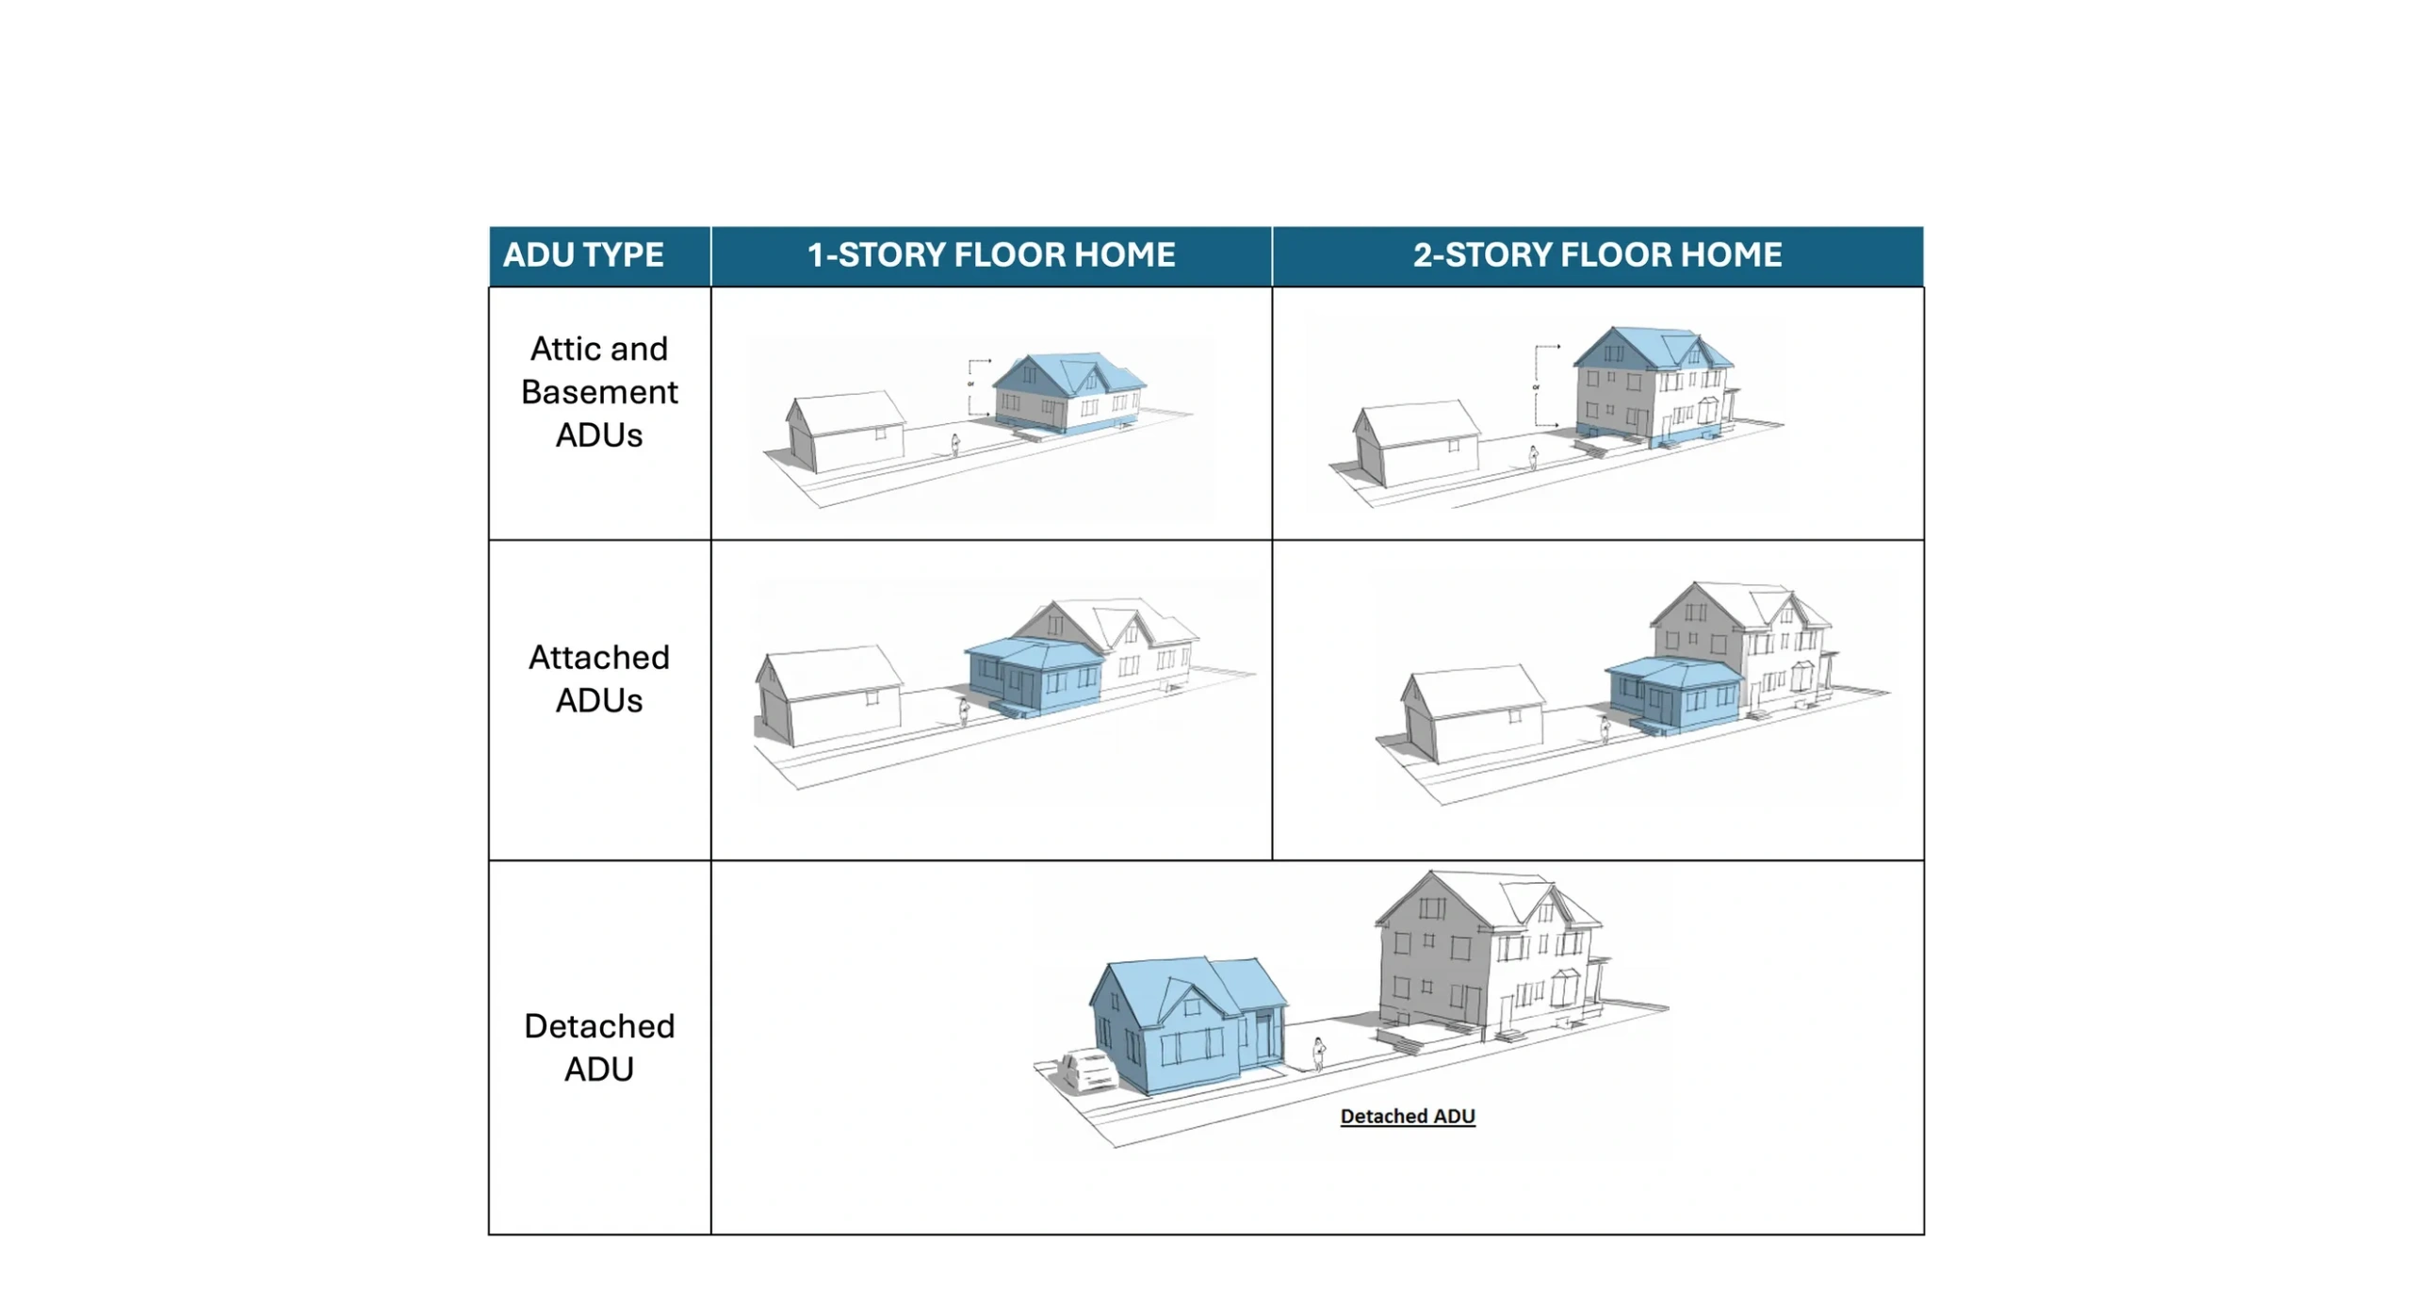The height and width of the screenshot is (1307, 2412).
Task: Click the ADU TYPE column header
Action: pos(582,254)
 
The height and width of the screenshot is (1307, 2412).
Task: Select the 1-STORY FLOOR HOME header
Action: pos(990,254)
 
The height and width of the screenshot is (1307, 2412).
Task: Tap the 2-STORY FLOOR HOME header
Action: pos(1596,254)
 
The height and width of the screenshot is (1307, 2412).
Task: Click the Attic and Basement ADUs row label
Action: pos(598,391)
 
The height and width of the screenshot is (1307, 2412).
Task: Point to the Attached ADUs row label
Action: pos(598,678)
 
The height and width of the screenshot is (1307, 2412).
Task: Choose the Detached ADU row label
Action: pos(598,1046)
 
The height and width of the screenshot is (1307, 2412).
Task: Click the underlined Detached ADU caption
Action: pos(1407,1116)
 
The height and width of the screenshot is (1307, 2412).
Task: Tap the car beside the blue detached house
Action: pos(1088,1070)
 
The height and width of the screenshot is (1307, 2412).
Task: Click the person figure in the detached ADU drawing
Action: pos(1318,1053)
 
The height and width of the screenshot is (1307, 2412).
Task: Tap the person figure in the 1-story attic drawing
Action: pos(954,445)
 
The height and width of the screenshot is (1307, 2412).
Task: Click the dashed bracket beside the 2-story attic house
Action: pos(1538,386)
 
